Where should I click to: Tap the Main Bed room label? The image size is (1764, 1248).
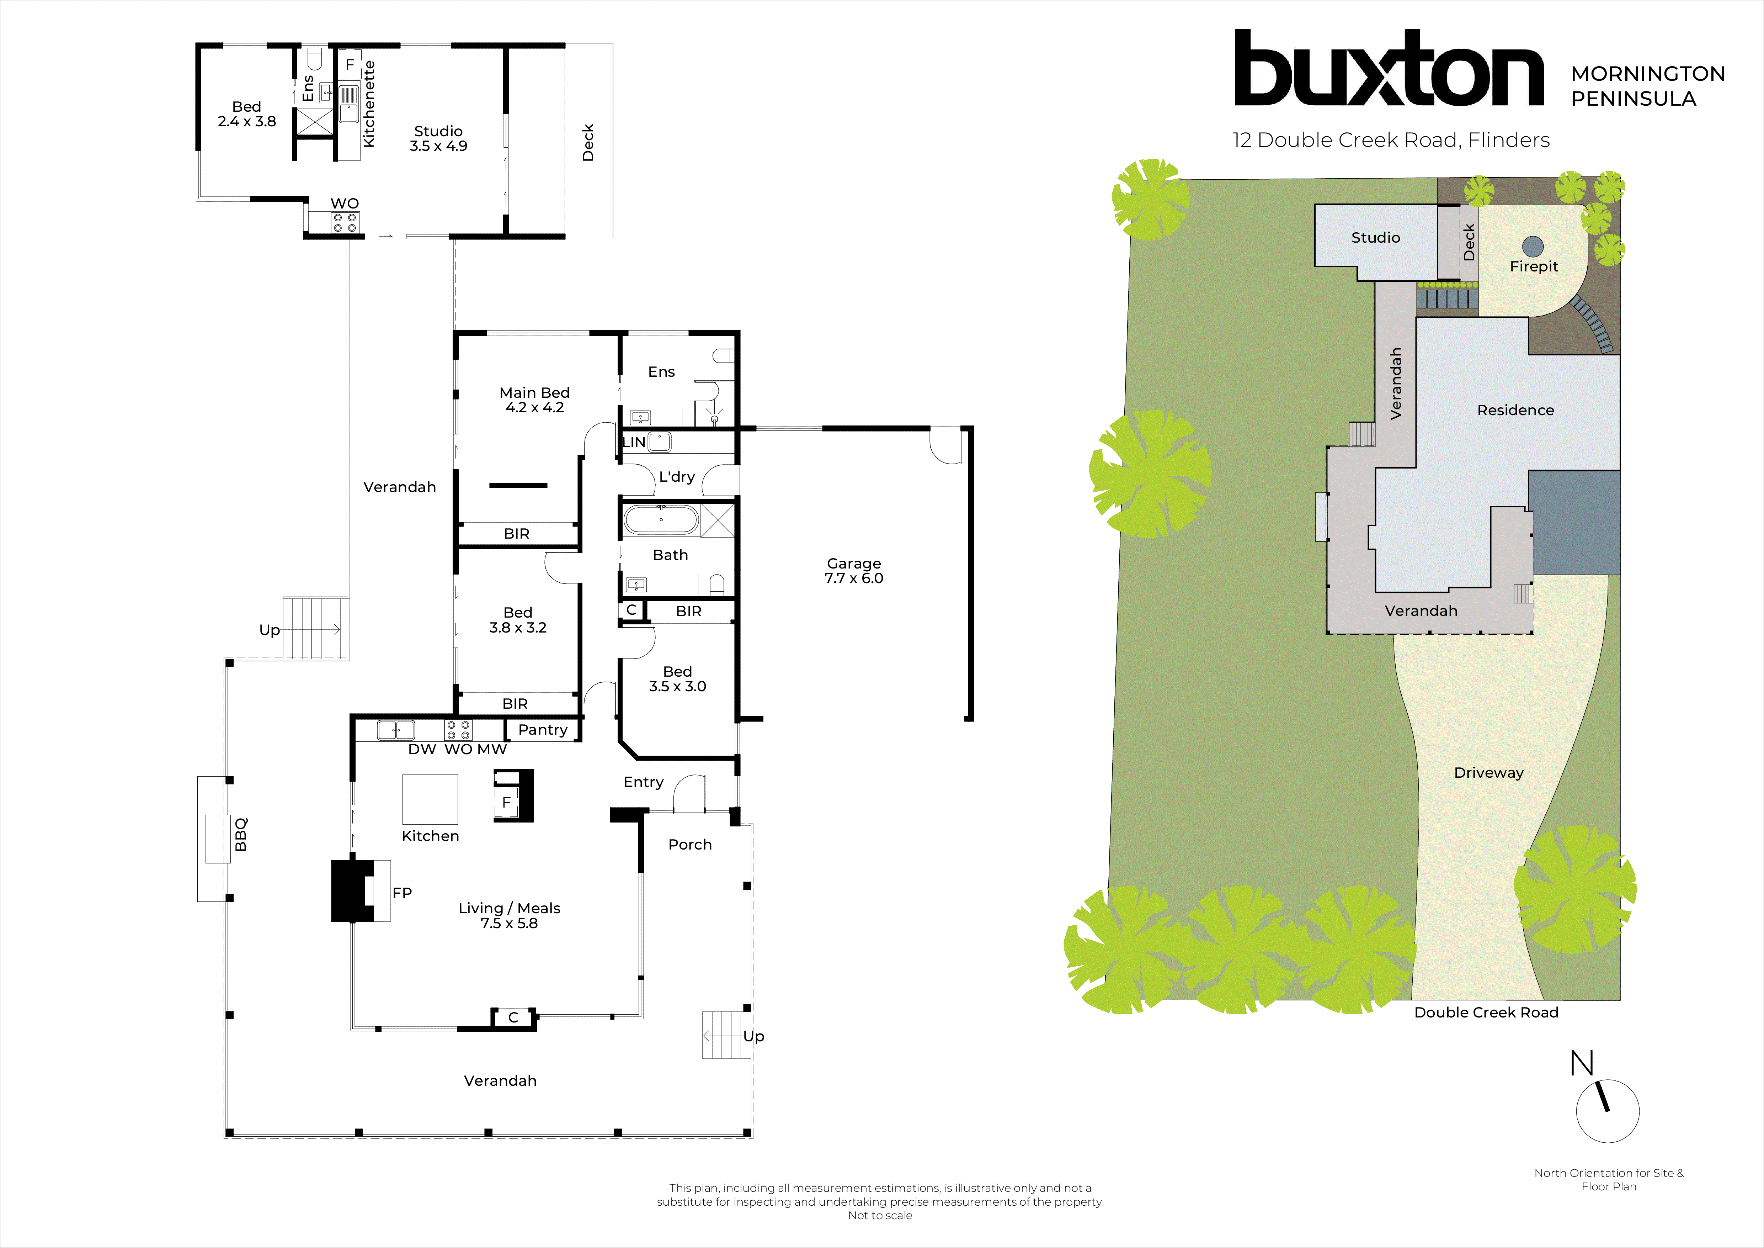[535, 400]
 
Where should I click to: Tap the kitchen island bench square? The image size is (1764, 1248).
[430, 799]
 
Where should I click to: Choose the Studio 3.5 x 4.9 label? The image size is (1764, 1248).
[438, 138]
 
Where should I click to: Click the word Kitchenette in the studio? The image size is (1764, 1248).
[369, 104]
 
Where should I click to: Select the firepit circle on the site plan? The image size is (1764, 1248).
[1533, 246]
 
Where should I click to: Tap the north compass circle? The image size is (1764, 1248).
[1607, 1111]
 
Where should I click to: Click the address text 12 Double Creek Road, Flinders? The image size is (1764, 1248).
[1391, 140]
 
